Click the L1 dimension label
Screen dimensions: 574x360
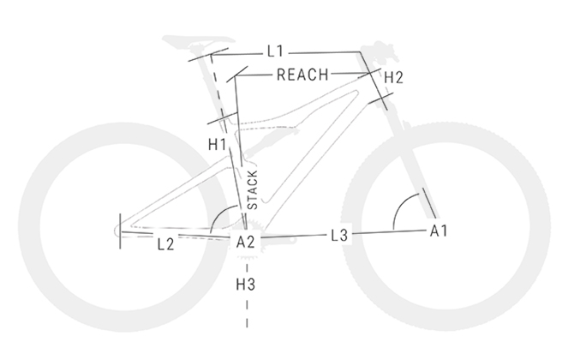tap(275, 51)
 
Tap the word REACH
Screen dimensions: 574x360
tap(302, 75)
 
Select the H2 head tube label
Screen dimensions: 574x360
tap(393, 78)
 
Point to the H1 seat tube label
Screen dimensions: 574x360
tap(218, 145)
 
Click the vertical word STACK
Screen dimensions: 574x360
tap(253, 189)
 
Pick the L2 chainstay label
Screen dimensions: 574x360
tap(166, 244)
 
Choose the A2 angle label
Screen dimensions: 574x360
tap(245, 242)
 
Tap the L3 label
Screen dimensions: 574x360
tap(339, 236)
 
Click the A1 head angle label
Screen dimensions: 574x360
tap(439, 231)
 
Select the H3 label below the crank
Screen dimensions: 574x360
tap(245, 285)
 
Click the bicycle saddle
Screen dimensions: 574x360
tap(199, 40)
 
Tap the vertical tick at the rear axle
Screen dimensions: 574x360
tap(120, 231)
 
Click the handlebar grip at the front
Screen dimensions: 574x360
tap(380, 49)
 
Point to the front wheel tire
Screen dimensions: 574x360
tap(446, 226)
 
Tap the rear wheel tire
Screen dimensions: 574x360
tap(123, 227)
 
